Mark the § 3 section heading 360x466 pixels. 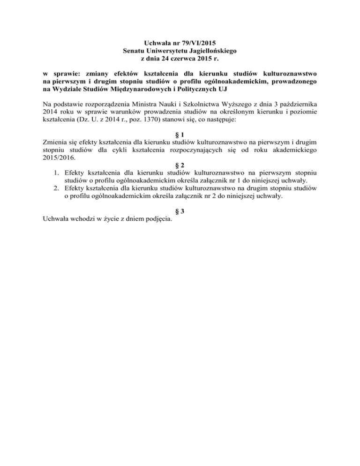pos(180,211)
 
